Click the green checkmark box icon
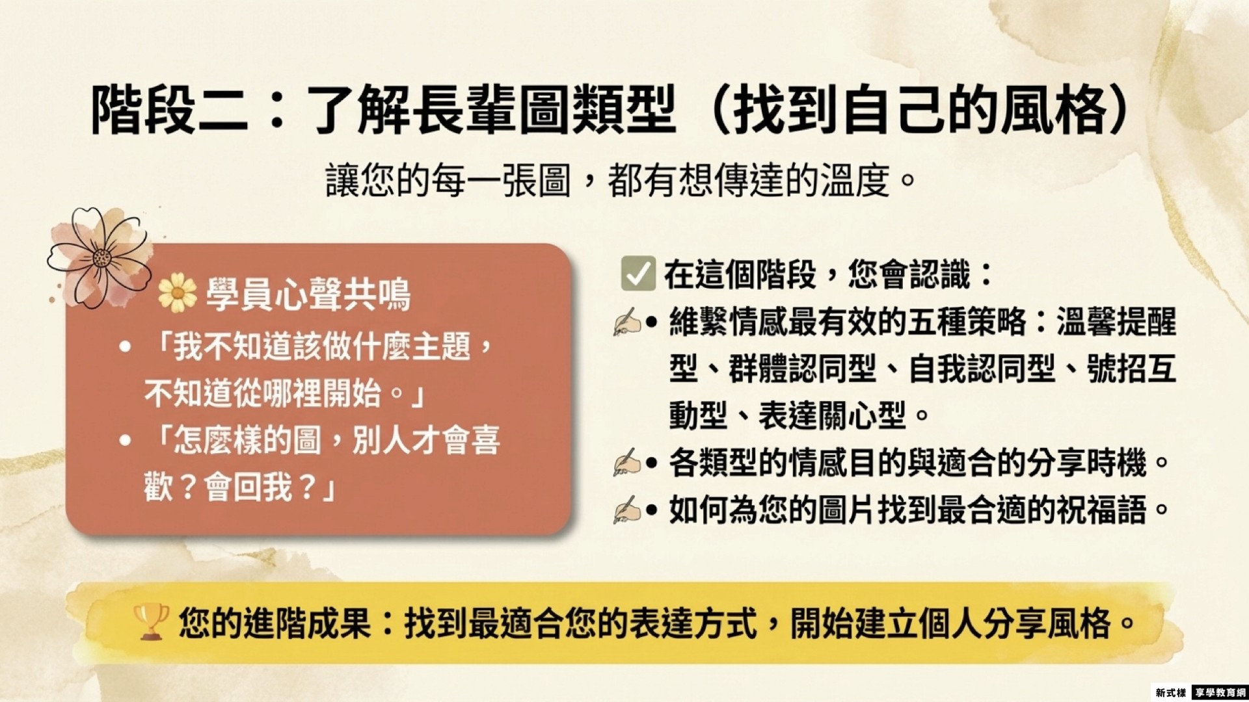[638, 274]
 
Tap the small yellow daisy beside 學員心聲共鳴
[177, 292]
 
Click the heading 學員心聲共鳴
[308, 294]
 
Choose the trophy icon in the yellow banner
[150, 622]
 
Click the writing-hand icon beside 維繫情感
[626, 322]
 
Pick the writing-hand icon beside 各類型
[626, 463]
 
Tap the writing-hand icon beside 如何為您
[626, 510]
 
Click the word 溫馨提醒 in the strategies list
[1116, 322]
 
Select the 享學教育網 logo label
[1220, 693]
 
